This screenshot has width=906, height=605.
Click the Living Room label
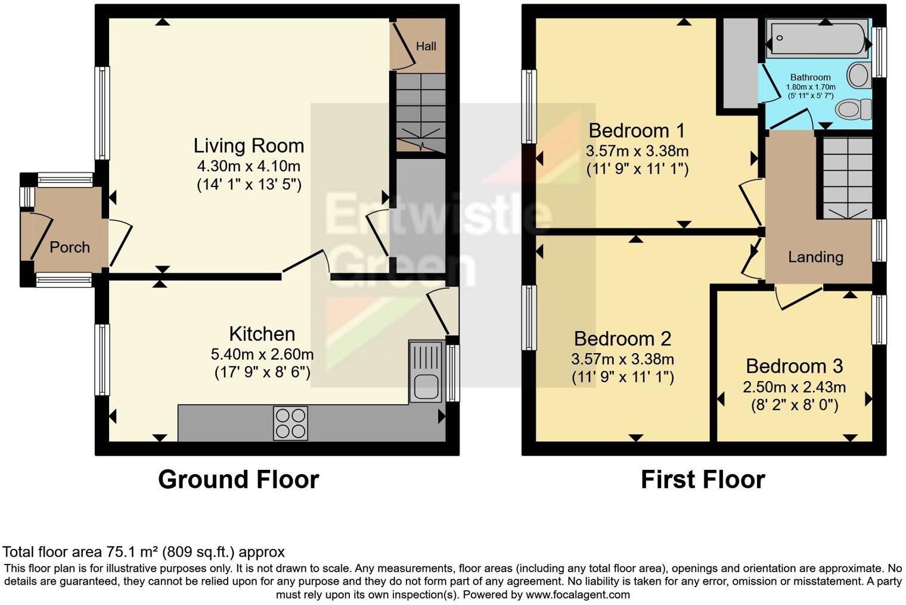point(249,146)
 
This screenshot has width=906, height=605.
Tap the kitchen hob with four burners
point(290,423)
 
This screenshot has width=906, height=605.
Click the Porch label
point(70,247)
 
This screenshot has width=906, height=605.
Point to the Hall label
point(426,46)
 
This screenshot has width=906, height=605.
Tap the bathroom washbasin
point(859,76)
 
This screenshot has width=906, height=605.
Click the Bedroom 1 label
point(637,130)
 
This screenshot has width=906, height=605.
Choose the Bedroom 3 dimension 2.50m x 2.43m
point(794,387)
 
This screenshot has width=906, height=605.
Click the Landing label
point(815,257)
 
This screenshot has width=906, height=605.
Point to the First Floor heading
point(703,479)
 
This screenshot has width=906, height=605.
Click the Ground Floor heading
point(238,479)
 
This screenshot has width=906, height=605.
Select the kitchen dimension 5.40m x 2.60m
point(262,354)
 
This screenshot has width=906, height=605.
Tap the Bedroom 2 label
point(622,339)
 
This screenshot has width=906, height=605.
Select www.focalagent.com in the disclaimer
point(578,594)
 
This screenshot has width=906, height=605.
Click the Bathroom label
point(810,77)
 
